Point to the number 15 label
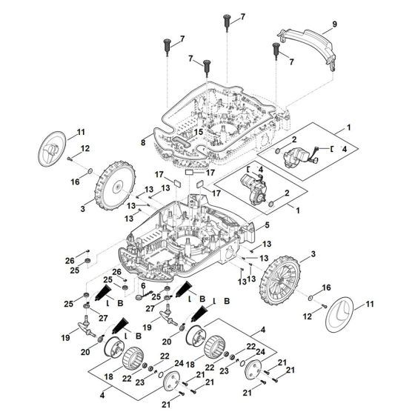(x=198, y=133)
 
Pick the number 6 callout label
(x=143, y=286)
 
